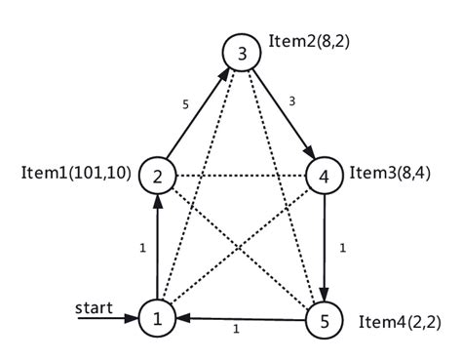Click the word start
click(x=94, y=307)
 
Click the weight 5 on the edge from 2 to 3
click(x=185, y=104)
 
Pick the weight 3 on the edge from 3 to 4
click(x=292, y=101)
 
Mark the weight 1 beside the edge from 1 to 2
click(x=142, y=249)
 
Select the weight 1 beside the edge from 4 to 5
click(x=342, y=249)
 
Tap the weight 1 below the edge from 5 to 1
click(x=236, y=329)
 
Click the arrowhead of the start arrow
click(x=132, y=318)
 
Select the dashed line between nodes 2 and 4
click(x=241, y=176)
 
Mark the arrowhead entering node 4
click(x=310, y=152)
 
